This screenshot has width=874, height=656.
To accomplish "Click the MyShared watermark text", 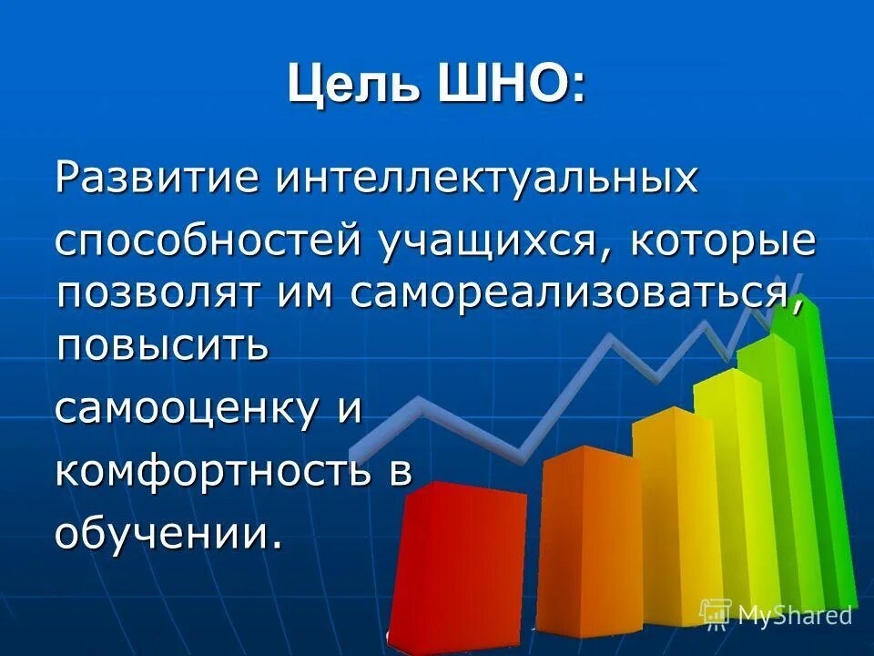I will [794, 615].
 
